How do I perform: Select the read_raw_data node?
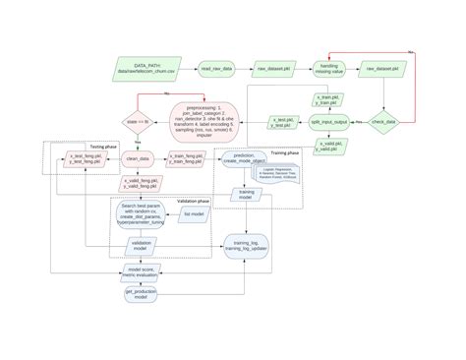click(x=215, y=69)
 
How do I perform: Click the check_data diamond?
click(x=382, y=122)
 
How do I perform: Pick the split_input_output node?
click(x=328, y=122)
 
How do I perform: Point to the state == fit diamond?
click(x=137, y=122)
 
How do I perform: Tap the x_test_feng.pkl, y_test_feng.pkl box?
click(x=87, y=158)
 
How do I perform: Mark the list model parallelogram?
click(x=194, y=213)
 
